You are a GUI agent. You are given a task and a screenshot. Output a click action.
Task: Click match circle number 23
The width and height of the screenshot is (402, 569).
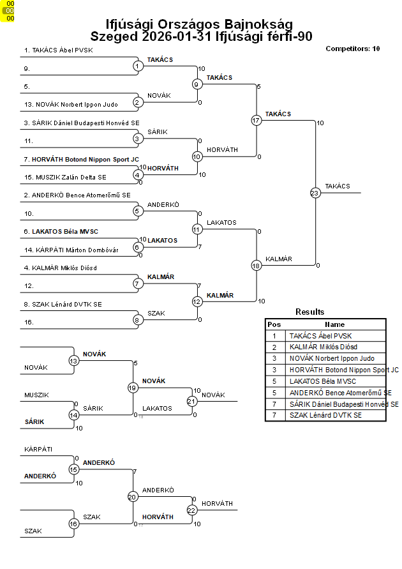click(x=315, y=193)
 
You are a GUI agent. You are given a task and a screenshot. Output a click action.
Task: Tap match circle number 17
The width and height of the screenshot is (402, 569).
click(x=256, y=120)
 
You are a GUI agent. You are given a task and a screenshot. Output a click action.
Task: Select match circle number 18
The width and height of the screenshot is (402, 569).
click(x=256, y=266)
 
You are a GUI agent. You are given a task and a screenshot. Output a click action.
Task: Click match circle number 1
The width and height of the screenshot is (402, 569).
click(x=137, y=66)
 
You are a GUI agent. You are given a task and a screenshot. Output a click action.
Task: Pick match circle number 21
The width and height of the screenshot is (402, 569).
click(x=191, y=401)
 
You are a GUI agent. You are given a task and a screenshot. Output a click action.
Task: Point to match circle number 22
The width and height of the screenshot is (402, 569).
click(x=191, y=510)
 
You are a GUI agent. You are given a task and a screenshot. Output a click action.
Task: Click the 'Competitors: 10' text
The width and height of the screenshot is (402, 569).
click(x=352, y=49)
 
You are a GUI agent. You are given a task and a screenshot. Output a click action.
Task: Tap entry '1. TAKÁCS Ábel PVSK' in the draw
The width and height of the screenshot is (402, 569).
click(x=58, y=50)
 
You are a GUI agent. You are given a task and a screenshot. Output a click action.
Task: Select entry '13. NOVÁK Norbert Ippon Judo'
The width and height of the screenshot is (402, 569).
click(x=71, y=104)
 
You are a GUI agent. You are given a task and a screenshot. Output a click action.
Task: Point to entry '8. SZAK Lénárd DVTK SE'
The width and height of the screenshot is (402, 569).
click(x=63, y=305)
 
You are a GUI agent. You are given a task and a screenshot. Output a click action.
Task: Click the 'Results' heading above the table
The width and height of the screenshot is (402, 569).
click(x=309, y=312)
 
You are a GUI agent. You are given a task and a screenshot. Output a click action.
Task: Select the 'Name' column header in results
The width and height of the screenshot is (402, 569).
click(x=334, y=324)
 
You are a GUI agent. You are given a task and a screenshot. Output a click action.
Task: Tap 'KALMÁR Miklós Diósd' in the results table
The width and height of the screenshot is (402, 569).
click(x=323, y=347)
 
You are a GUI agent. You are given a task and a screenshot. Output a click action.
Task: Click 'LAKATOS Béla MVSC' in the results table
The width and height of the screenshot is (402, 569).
click(x=320, y=381)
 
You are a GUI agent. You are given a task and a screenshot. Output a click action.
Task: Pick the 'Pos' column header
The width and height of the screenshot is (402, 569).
click(x=274, y=324)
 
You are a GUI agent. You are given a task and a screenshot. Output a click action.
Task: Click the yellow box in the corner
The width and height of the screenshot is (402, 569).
click(x=9, y=11)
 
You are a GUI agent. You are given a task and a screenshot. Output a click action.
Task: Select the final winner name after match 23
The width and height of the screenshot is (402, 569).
click(x=337, y=186)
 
